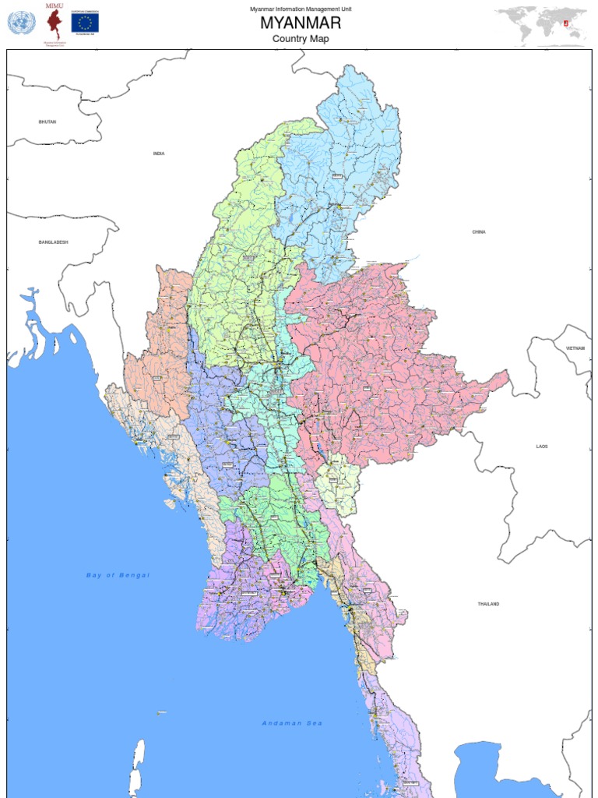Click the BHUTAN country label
[x=47, y=122]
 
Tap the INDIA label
[x=159, y=154]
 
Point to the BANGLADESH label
[x=54, y=242]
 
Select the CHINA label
[x=479, y=232]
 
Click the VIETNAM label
[x=575, y=348]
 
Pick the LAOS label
[x=542, y=447]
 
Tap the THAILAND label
[x=489, y=604]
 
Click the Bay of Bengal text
[x=118, y=575]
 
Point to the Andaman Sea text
[x=292, y=723]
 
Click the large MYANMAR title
[x=301, y=23]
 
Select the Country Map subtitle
[x=301, y=38]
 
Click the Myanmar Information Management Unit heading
[x=301, y=8]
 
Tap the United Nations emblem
[x=21, y=23]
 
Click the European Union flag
[x=85, y=23]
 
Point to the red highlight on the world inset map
[x=577, y=23]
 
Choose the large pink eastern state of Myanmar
[x=382, y=366]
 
